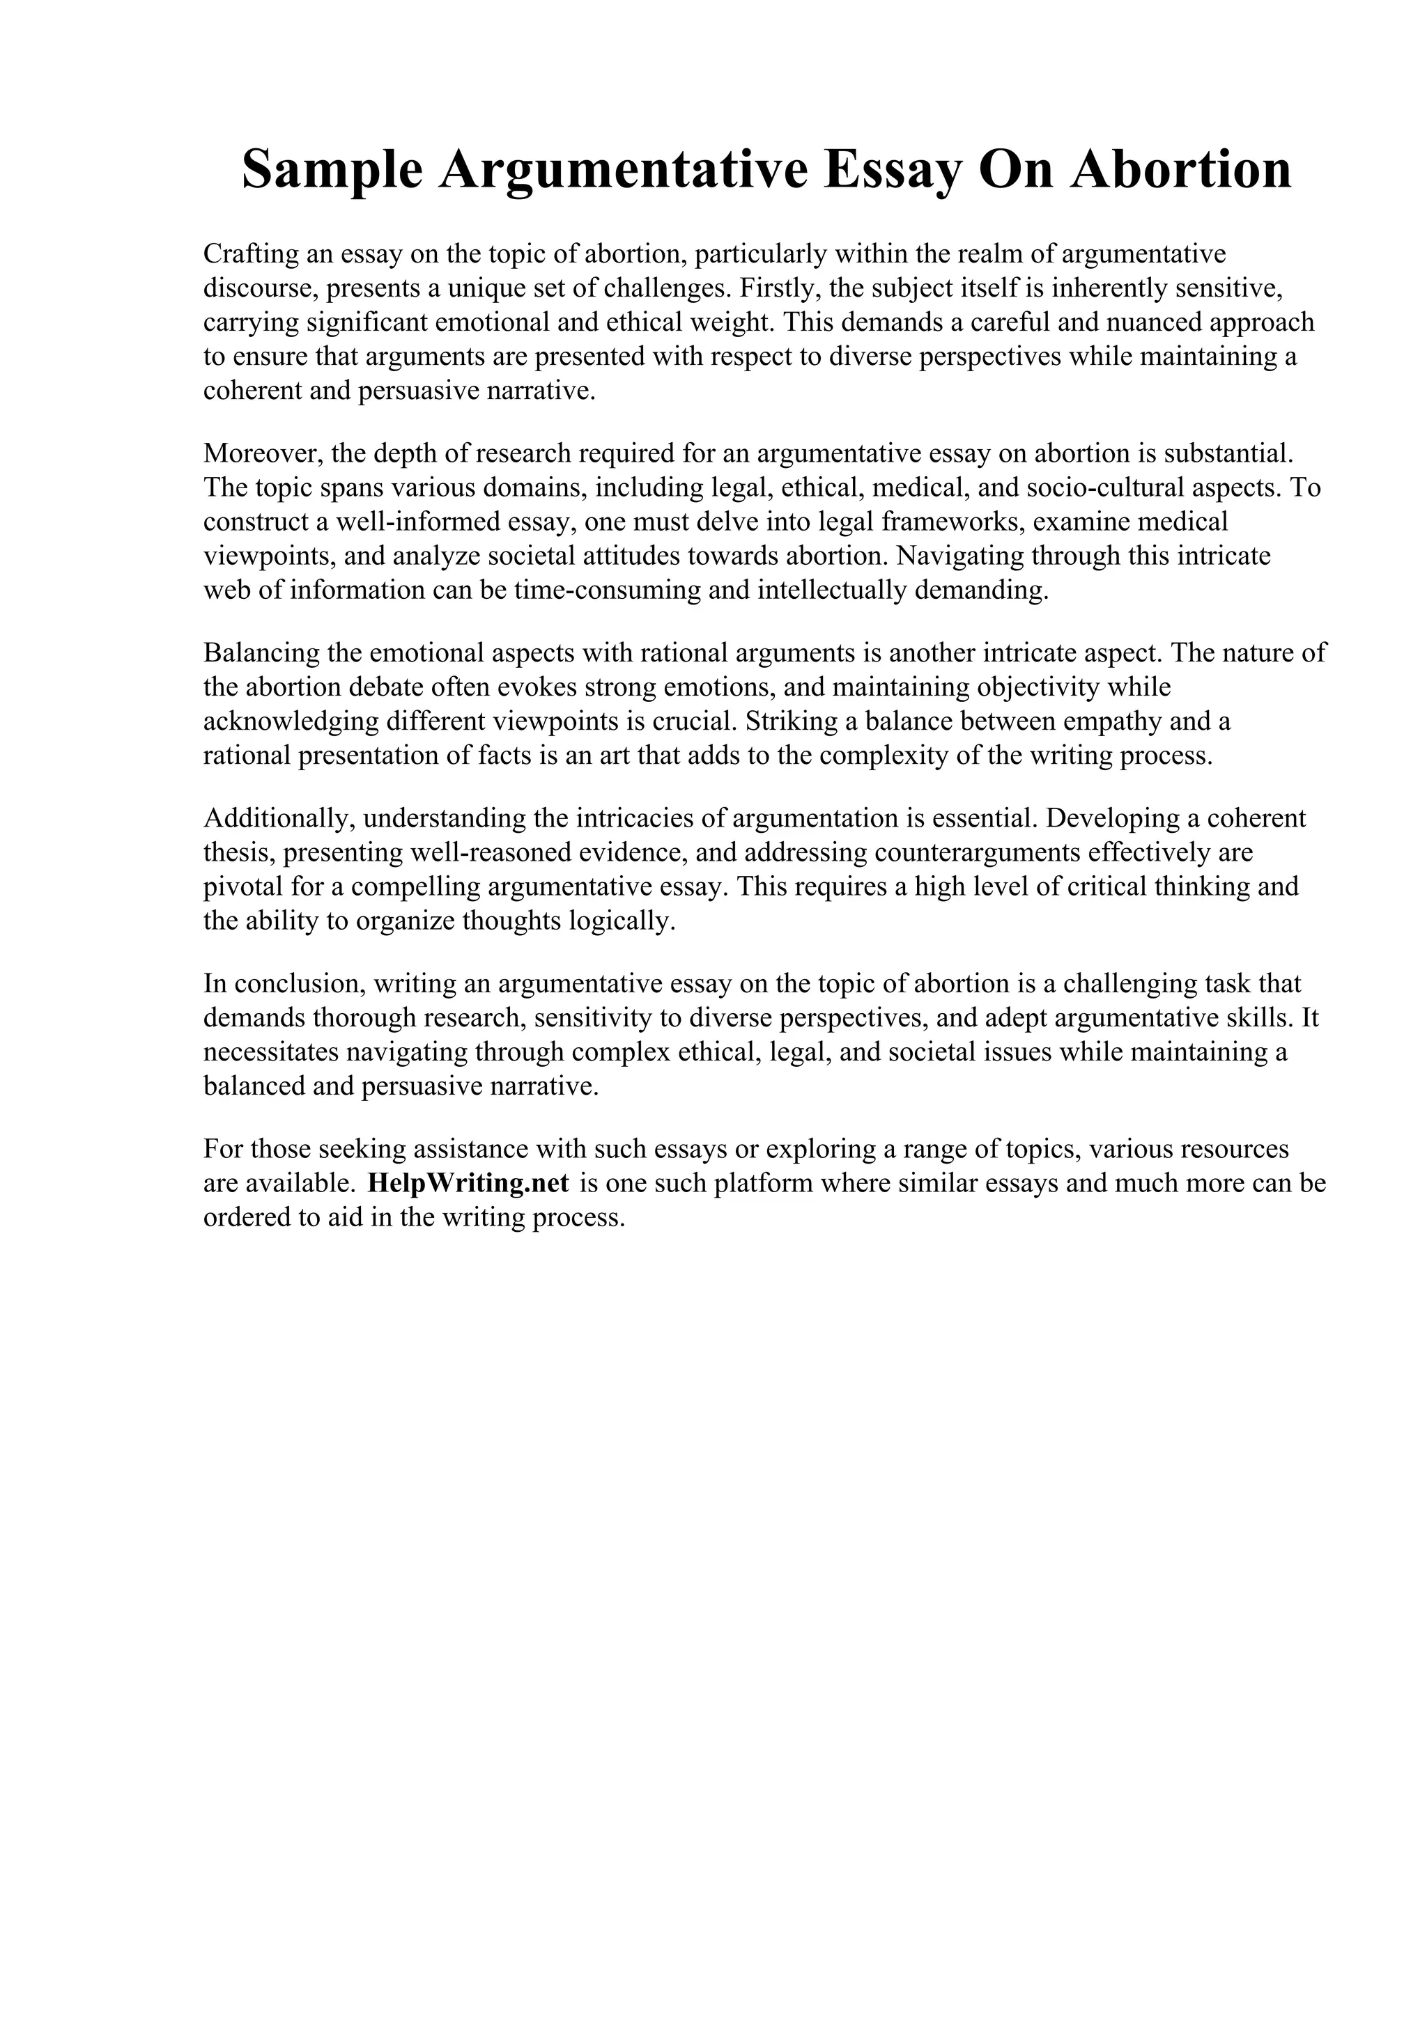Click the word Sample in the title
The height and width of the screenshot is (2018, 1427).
(x=332, y=171)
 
